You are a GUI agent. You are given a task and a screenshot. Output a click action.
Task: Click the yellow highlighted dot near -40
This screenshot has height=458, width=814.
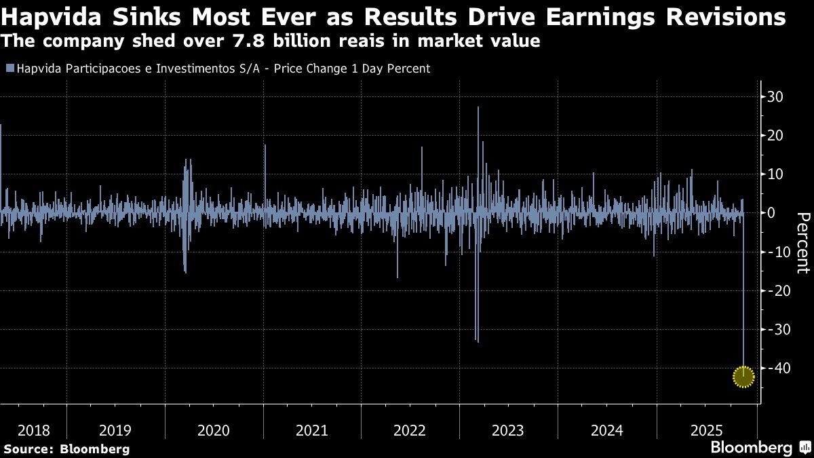click(744, 377)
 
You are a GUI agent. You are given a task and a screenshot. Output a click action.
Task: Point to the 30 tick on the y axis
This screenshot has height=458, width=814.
click(775, 97)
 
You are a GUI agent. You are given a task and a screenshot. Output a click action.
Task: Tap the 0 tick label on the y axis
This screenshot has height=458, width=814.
click(771, 213)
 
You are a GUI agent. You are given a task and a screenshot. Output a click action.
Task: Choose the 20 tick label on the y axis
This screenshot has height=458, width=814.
click(775, 136)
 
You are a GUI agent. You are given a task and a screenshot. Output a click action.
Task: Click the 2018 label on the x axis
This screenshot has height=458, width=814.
click(34, 430)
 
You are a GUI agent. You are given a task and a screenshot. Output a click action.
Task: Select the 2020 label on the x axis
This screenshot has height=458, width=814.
click(213, 430)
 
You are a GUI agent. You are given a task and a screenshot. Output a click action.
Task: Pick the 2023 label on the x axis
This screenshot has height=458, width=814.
click(507, 430)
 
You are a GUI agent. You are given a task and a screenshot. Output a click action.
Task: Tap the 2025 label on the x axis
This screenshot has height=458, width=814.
click(705, 430)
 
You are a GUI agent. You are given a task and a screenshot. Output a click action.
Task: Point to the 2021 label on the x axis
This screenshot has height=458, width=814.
click(311, 430)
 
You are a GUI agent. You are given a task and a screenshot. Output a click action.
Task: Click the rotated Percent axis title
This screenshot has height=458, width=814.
click(802, 242)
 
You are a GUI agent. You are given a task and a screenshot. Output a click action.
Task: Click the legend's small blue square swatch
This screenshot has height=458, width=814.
click(9, 69)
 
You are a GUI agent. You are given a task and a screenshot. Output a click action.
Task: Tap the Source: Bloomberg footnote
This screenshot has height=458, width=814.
click(66, 449)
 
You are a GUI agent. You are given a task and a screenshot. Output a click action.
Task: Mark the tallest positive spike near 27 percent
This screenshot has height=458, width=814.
click(478, 109)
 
